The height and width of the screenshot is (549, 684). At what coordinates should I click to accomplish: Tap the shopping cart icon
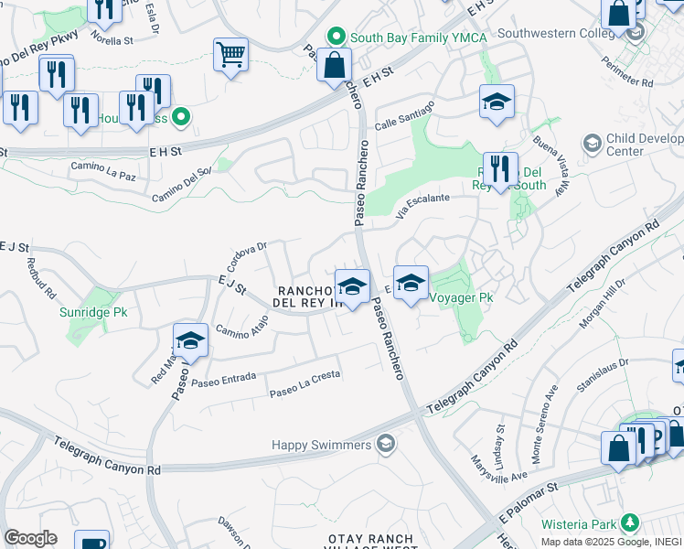pyautogui.click(x=230, y=54)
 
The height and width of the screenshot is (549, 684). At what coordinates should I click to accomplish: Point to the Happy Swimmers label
pyautogui.click(x=323, y=445)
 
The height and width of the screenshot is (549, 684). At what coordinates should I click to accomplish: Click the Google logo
pyautogui.click(x=30, y=538)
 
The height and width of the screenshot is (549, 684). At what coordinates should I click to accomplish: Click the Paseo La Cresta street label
pyautogui.click(x=305, y=384)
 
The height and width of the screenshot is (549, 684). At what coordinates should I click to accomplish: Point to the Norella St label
pyautogui.click(x=111, y=41)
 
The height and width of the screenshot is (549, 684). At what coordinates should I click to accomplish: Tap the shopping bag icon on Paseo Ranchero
pyautogui.click(x=334, y=66)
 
